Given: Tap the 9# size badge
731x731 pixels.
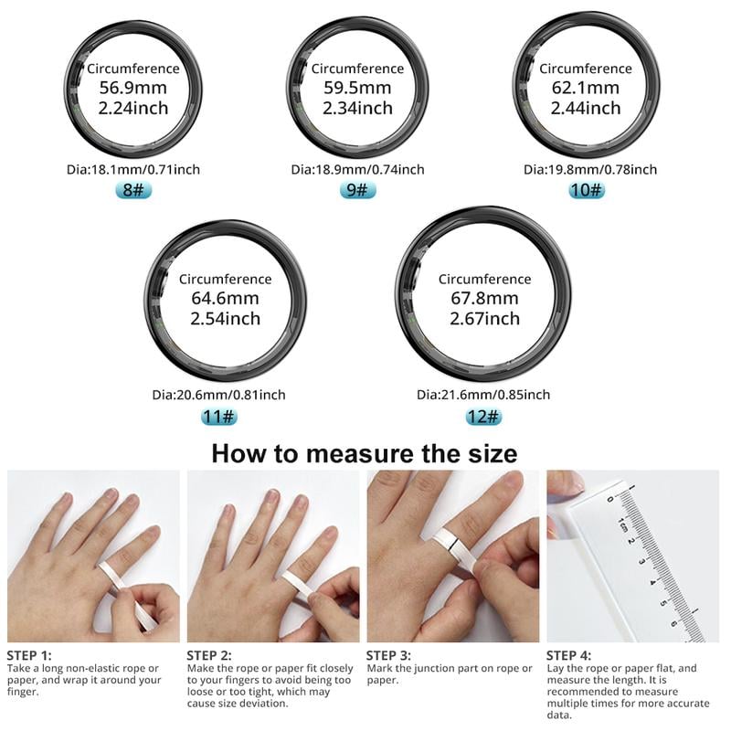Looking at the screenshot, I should coord(357,190).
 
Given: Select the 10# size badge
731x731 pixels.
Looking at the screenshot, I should coord(586,190).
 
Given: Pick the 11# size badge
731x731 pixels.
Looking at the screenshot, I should coord(218,417).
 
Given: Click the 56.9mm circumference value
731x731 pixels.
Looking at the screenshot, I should coord(133,88).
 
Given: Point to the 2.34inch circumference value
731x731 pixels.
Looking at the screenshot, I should coord(357,109).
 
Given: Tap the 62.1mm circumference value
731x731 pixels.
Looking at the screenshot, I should coord(586,89).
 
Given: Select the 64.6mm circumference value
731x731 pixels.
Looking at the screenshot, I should coord(225,299).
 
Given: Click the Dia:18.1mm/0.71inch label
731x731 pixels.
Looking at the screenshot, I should coord(133,169).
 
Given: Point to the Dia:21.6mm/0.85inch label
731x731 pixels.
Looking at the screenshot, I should coord(483,395).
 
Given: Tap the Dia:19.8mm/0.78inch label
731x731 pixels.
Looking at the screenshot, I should coord(590,169).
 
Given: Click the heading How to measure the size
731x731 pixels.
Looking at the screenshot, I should coord(365,453).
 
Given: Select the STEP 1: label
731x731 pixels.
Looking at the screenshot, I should coord(29,655).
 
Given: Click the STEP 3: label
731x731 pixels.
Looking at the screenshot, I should coord(389,655).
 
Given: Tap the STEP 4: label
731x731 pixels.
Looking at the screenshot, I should coord(569,655).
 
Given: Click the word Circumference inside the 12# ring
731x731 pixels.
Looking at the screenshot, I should coord(484,279).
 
